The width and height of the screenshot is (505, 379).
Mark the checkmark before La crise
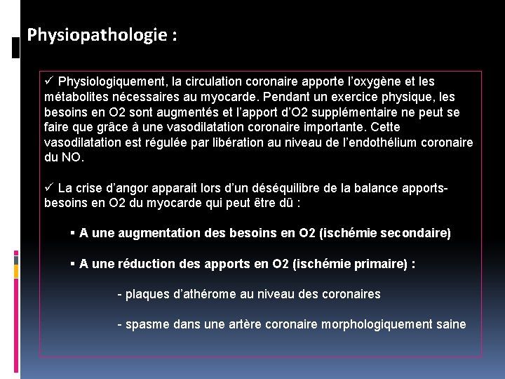click(48, 188)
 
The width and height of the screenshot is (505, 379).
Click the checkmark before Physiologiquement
click(48, 82)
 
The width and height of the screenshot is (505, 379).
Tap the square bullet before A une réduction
click(73, 264)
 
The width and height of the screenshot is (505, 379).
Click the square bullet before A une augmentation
click(73, 232)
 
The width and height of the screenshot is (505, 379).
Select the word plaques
click(146, 294)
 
